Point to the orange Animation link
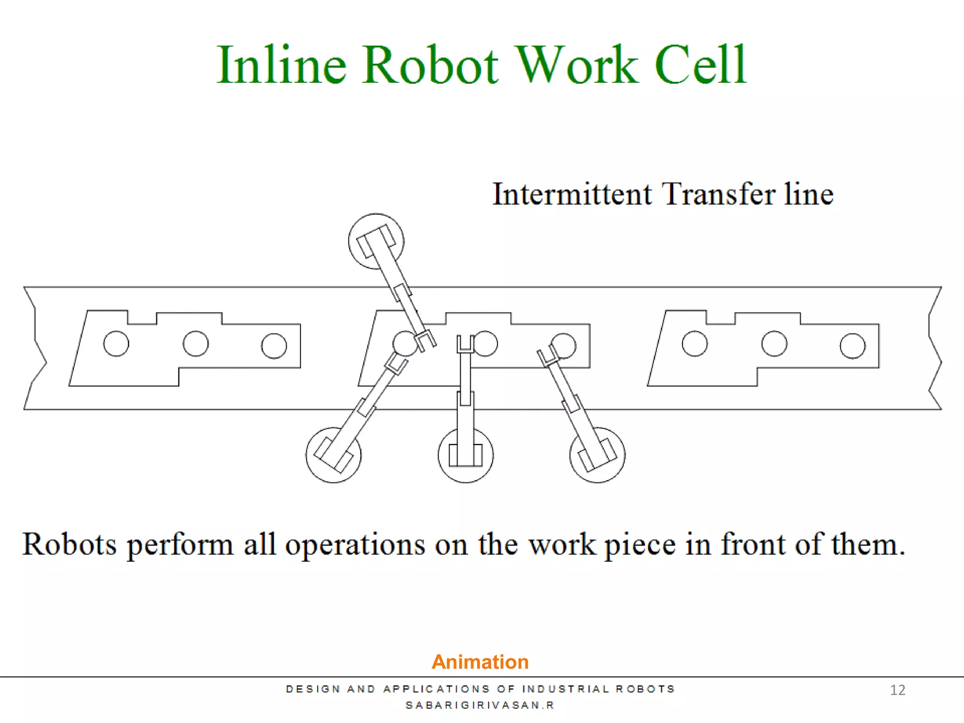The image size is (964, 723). click(480, 662)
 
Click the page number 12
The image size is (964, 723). click(898, 690)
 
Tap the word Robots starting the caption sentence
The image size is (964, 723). click(69, 544)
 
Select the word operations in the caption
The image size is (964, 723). click(355, 545)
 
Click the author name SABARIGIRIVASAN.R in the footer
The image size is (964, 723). click(480, 705)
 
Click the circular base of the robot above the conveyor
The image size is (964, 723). click(376, 241)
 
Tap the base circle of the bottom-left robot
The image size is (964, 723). click(333, 455)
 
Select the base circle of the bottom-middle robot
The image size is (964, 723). click(466, 455)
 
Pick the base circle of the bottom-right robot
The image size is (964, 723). click(597, 455)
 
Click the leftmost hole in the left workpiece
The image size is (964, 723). click(116, 344)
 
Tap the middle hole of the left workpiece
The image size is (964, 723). click(196, 344)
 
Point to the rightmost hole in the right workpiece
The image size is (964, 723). click(852, 346)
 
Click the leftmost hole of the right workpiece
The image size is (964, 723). click(694, 344)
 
